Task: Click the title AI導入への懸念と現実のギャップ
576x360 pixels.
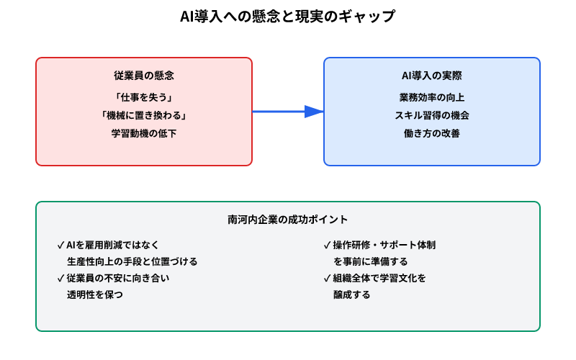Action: click(287, 17)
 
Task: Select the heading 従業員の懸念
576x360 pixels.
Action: click(144, 76)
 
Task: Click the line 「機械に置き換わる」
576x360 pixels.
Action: click(144, 114)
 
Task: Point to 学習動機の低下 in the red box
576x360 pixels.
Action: click(144, 133)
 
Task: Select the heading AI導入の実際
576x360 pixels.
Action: click(432, 76)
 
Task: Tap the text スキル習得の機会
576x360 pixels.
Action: click(432, 114)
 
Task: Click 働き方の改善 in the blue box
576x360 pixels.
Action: click(432, 133)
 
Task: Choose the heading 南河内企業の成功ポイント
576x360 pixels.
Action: click(288, 219)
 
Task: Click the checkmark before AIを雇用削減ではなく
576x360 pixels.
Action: click(60, 245)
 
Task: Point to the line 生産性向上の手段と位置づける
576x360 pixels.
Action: click(132, 261)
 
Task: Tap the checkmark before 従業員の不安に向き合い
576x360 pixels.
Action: click(60, 278)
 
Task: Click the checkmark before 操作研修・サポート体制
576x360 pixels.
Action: click(328, 245)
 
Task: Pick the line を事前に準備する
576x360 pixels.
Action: click(370, 261)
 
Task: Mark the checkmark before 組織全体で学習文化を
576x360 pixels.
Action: click(328, 278)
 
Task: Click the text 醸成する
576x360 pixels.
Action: click(351, 294)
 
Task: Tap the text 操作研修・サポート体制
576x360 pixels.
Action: click(384, 245)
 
